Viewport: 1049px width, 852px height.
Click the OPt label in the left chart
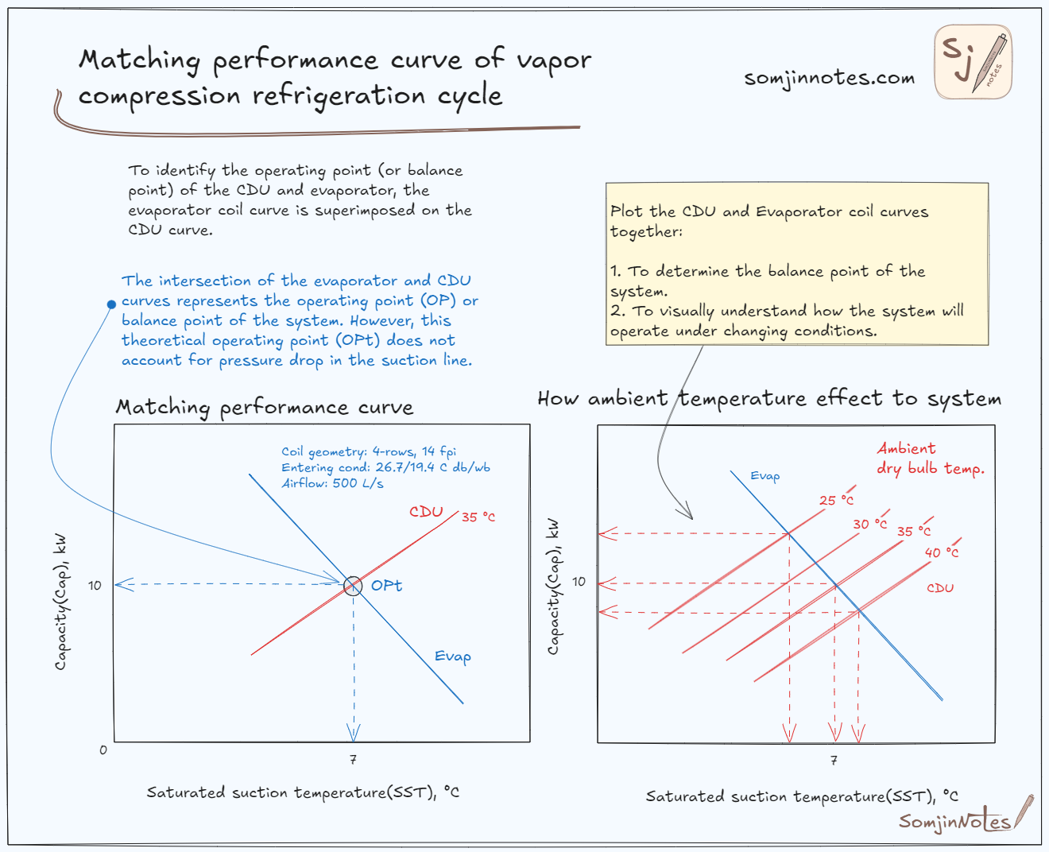click(x=386, y=586)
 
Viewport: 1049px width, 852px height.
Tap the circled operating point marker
click(x=353, y=586)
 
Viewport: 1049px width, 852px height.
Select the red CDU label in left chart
click(x=426, y=512)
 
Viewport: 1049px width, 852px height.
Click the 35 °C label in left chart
click(x=478, y=517)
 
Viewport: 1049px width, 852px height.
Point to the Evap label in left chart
click(x=452, y=656)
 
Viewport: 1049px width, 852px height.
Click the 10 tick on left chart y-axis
click(x=95, y=586)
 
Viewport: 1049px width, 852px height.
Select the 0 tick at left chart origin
click(x=103, y=749)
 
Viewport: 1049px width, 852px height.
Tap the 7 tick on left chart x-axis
click(x=353, y=760)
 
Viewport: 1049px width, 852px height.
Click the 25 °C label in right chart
click(x=836, y=501)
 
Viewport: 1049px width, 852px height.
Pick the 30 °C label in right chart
click(x=869, y=525)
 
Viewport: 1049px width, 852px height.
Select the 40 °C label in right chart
click(x=941, y=552)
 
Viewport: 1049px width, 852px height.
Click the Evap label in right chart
click(x=764, y=476)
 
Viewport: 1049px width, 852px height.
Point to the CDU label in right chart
click(x=939, y=588)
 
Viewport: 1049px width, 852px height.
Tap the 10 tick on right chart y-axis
click(x=579, y=582)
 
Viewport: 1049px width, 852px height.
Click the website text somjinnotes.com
click(x=829, y=78)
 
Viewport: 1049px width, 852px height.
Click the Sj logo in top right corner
click(x=973, y=62)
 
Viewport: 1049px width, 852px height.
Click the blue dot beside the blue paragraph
click(x=111, y=304)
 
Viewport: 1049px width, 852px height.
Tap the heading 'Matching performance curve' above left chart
click(x=265, y=408)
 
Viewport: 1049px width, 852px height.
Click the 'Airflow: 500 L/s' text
click(x=332, y=483)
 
